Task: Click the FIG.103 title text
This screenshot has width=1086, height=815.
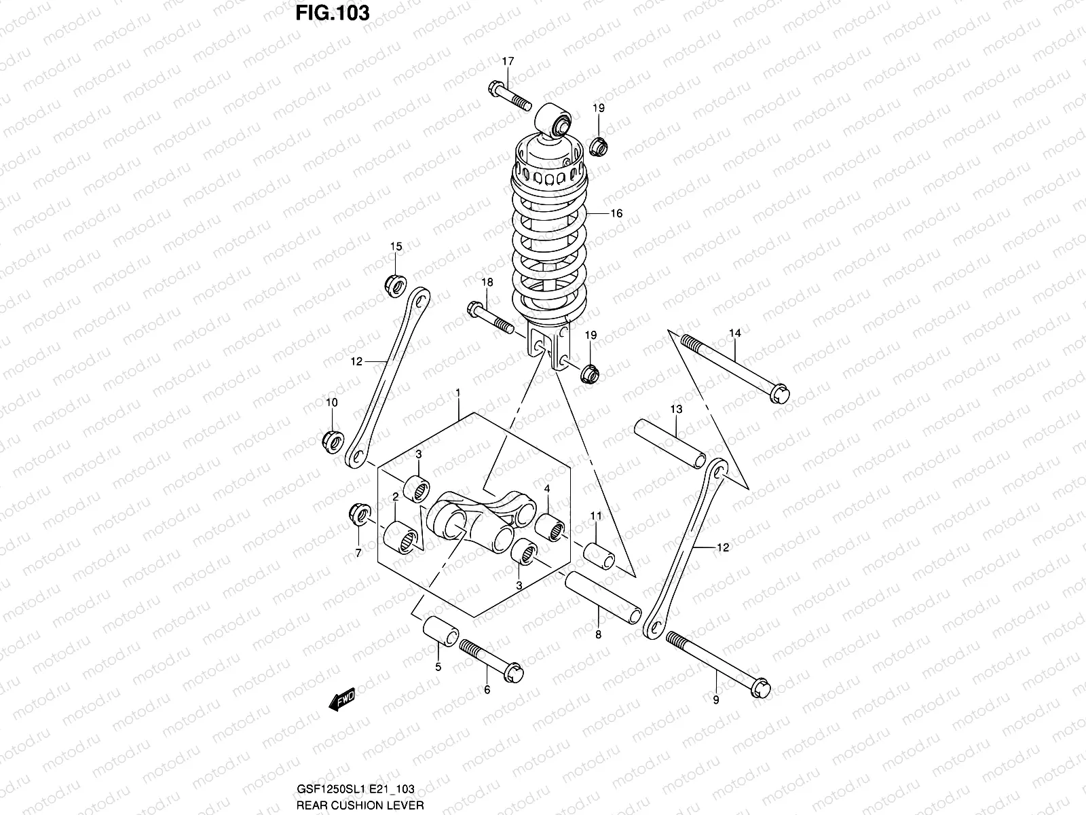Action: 332,13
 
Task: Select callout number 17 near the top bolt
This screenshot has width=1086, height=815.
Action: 508,61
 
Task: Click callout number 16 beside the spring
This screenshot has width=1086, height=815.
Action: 616,213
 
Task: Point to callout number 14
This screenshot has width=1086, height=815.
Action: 735,333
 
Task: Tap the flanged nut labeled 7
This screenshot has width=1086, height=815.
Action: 358,513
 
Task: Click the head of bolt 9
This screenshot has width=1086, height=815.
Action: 762,688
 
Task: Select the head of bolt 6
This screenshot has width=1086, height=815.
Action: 513,670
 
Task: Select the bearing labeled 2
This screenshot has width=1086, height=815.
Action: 400,540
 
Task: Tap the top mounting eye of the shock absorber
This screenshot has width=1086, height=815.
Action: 559,122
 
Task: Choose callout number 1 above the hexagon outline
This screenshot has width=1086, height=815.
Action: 458,393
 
